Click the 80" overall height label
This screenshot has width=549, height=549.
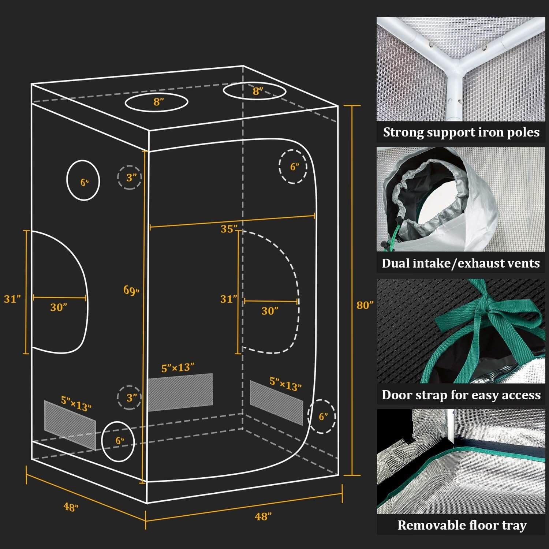pos(365,305)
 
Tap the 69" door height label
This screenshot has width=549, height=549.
pos(131,290)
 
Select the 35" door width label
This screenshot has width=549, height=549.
pos(229,229)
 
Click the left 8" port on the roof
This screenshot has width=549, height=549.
pos(156,102)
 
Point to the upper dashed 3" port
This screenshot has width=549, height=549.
pos(130,178)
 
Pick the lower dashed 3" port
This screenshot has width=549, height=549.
pos(130,397)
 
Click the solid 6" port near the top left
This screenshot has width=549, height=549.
pos(83,180)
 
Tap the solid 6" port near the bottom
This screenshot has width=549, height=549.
pos(118,441)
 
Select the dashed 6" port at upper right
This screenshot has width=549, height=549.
pos(293,167)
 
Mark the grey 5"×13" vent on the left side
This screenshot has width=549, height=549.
pos(70,425)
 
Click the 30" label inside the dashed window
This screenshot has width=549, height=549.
pos(270,311)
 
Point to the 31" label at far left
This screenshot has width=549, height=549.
pos(12,299)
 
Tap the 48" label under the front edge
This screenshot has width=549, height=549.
pos(263,516)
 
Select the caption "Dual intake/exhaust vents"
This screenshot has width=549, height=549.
pos(460,263)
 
